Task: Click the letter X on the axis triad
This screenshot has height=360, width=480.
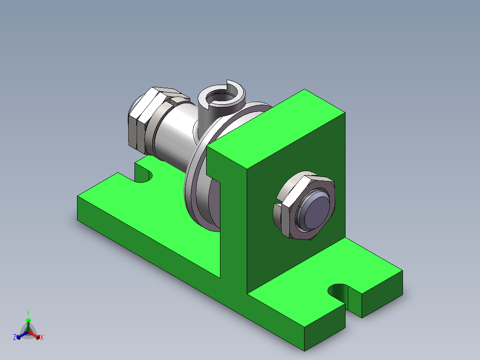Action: (42, 338)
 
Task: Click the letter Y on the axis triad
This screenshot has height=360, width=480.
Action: (28, 313)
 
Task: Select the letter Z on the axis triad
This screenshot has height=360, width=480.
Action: (15, 337)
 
